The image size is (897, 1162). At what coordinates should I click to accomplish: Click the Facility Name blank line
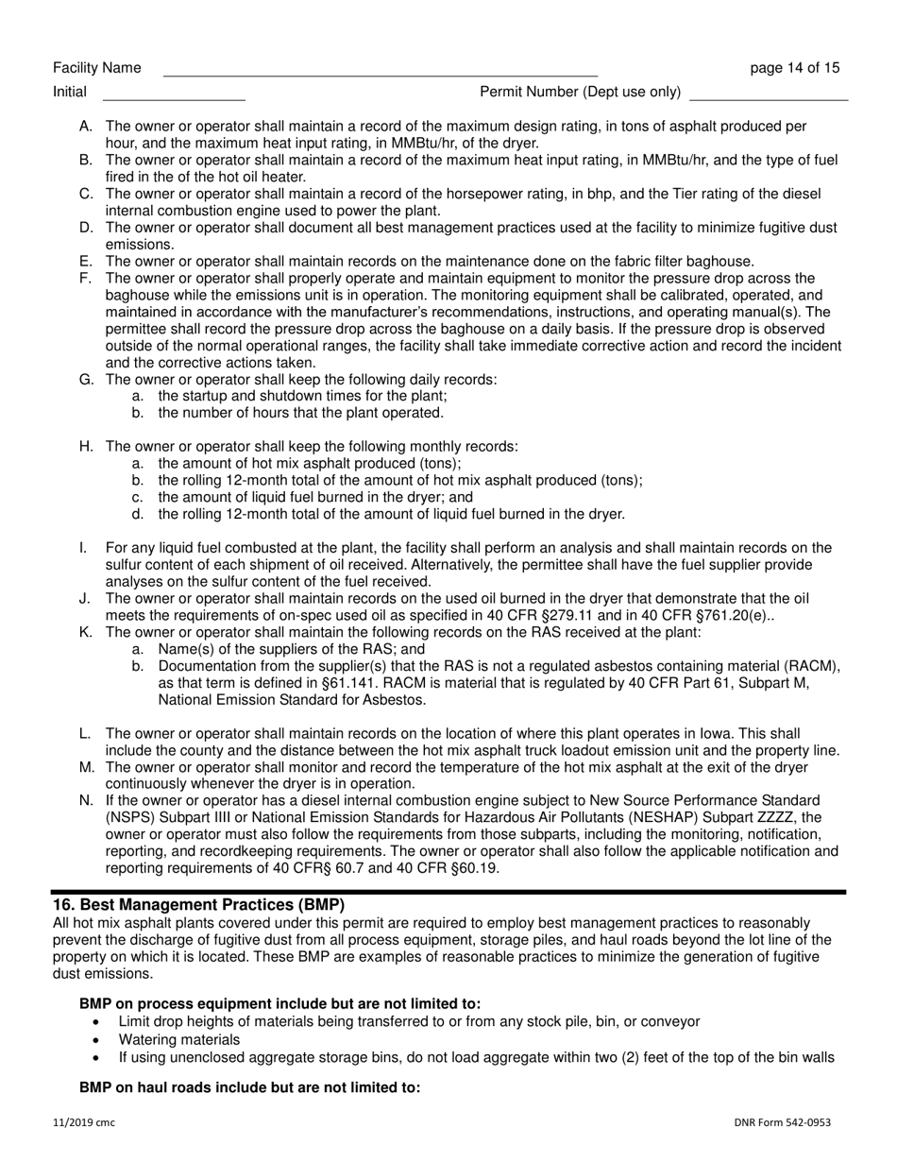tap(380, 72)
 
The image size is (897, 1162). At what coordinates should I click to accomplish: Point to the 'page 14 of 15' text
tap(794, 68)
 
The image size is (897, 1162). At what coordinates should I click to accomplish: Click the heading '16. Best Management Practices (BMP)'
tap(199, 904)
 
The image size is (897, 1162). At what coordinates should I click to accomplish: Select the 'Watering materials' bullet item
tap(178, 1039)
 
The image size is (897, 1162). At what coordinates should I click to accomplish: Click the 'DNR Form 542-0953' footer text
tap(782, 1122)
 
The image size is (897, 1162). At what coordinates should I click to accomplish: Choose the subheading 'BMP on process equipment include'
tap(279, 1003)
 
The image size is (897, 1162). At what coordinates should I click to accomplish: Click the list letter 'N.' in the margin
tap(87, 800)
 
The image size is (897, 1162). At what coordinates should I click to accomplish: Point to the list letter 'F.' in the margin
tap(86, 278)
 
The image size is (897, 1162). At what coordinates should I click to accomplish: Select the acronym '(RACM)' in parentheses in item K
tap(814, 666)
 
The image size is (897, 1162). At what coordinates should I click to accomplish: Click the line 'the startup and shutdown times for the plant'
tap(302, 396)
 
